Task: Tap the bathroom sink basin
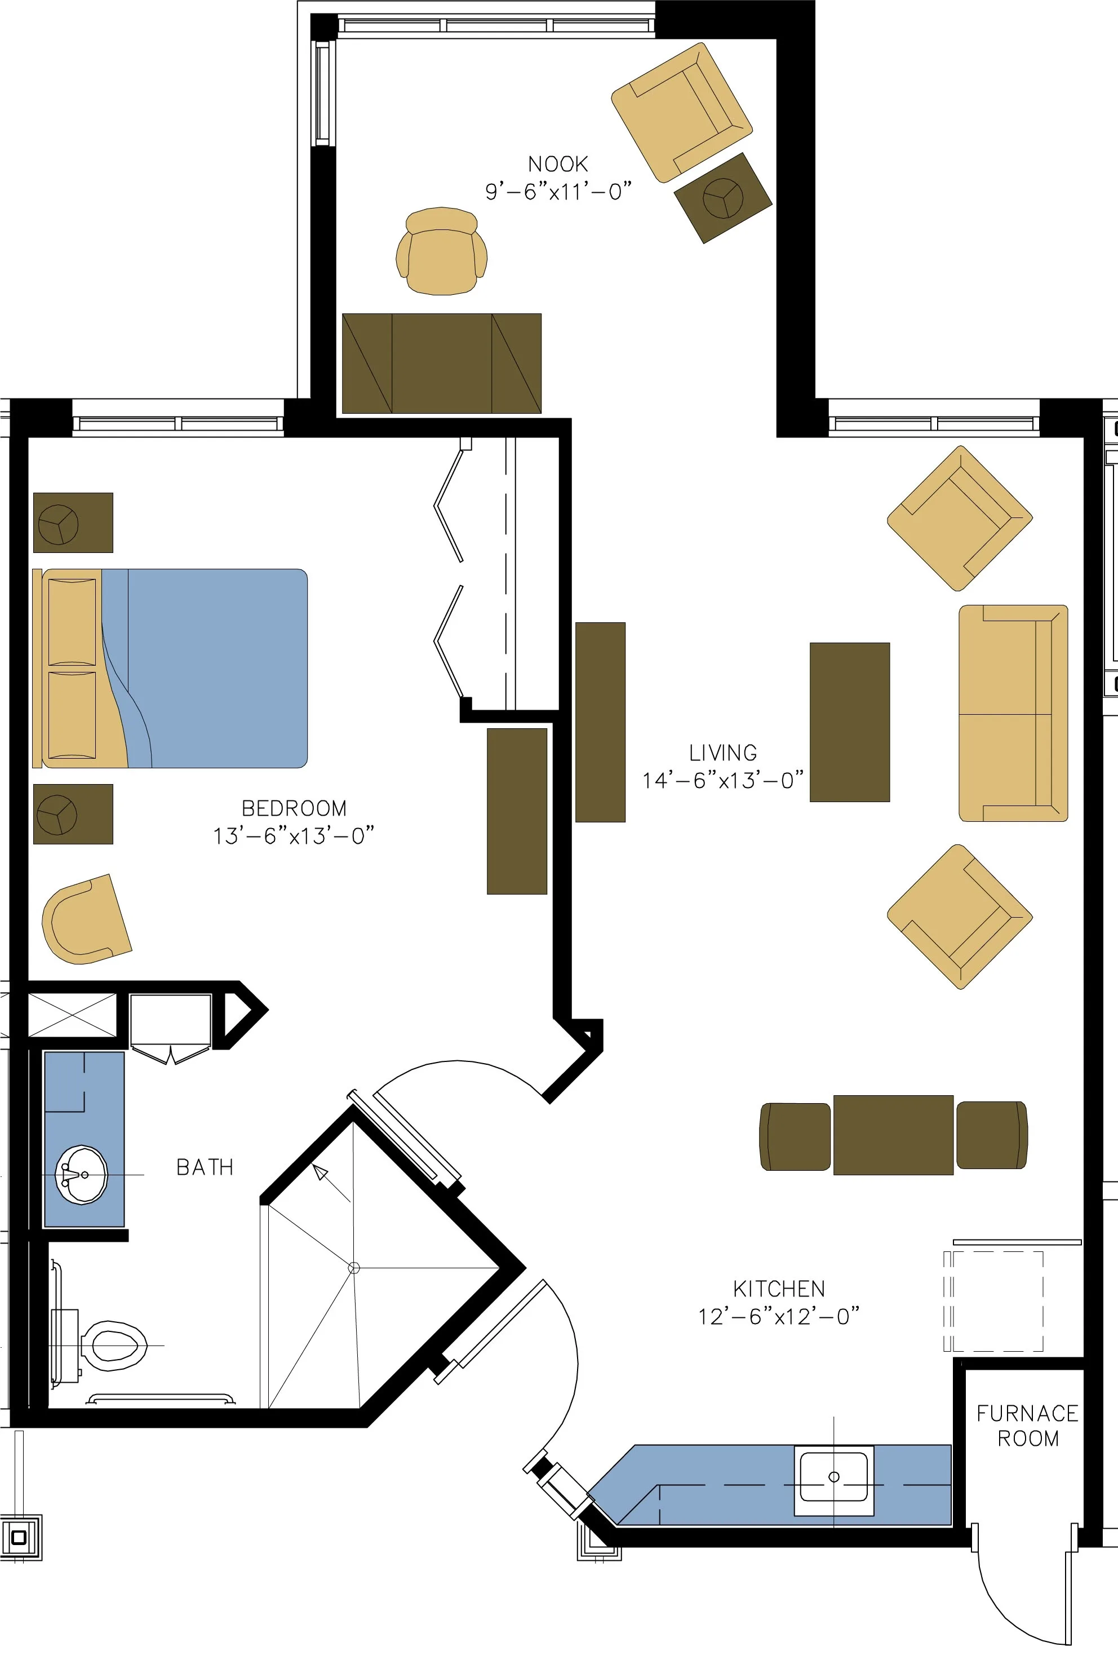[x=83, y=1175]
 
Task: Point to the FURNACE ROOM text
[x=1027, y=1426]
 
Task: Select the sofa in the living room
[x=1013, y=713]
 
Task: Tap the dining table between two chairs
[x=893, y=1135]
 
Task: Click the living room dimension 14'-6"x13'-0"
[x=722, y=780]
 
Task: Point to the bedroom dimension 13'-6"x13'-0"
[x=293, y=836]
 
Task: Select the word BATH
[x=205, y=1167]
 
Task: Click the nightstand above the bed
[x=73, y=523]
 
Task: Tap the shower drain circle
[x=354, y=1268]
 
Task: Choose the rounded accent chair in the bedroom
[x=84, y=920]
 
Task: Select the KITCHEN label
[x=779, y=1289]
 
